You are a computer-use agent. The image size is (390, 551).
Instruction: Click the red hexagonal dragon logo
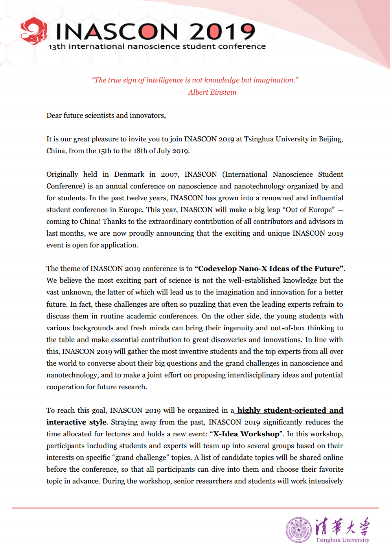[34, 31]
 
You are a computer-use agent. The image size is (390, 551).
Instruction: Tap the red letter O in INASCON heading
[150, 32]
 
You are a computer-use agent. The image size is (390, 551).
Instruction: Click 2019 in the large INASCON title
[223, 32]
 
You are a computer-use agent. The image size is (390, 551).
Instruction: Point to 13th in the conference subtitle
[57, 47]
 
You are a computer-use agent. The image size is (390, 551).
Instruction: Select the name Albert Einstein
[212, 92]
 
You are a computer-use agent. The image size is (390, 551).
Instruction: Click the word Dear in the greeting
[54, 115]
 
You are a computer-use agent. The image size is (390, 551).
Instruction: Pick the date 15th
[105, 151]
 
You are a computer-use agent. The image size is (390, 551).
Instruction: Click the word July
[164, 151]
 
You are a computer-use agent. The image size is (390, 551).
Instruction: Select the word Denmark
[129, 174]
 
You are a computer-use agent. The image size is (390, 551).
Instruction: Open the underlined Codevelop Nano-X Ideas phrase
[269, 269]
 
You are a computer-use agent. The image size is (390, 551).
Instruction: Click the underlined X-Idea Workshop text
[246, 434]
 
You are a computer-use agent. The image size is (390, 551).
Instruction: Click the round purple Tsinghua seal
[299, 530]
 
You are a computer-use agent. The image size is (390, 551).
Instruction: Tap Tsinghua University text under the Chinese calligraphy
[342, 540]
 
